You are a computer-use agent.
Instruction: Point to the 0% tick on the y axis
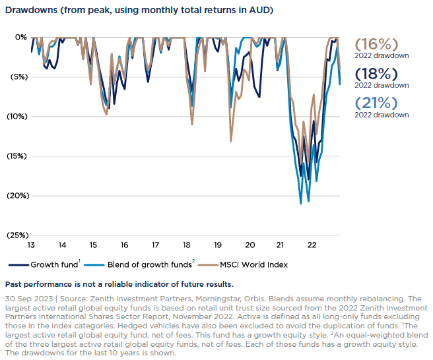21,38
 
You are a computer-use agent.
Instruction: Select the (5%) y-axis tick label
18,76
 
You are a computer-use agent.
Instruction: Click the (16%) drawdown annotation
377,44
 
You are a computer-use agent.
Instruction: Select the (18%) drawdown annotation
377,73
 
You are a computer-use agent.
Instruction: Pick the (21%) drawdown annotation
377,103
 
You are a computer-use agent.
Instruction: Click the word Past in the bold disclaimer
15,285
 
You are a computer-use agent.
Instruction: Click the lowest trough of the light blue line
301,204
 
